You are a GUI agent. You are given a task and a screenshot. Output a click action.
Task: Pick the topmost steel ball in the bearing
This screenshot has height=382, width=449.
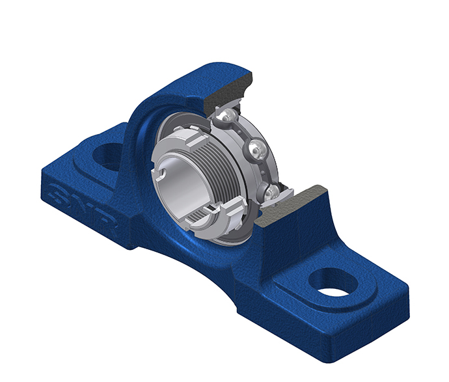(227, 115)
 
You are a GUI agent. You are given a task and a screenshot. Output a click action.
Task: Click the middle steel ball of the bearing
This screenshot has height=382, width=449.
(257, 149)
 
